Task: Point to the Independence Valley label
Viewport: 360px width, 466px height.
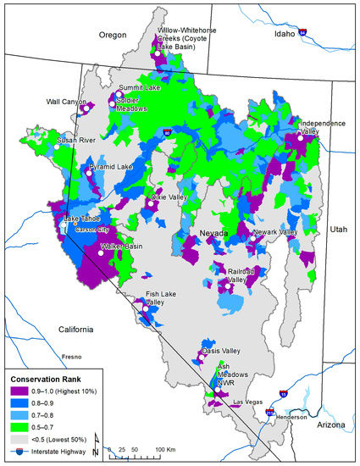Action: [x=323, y=128]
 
